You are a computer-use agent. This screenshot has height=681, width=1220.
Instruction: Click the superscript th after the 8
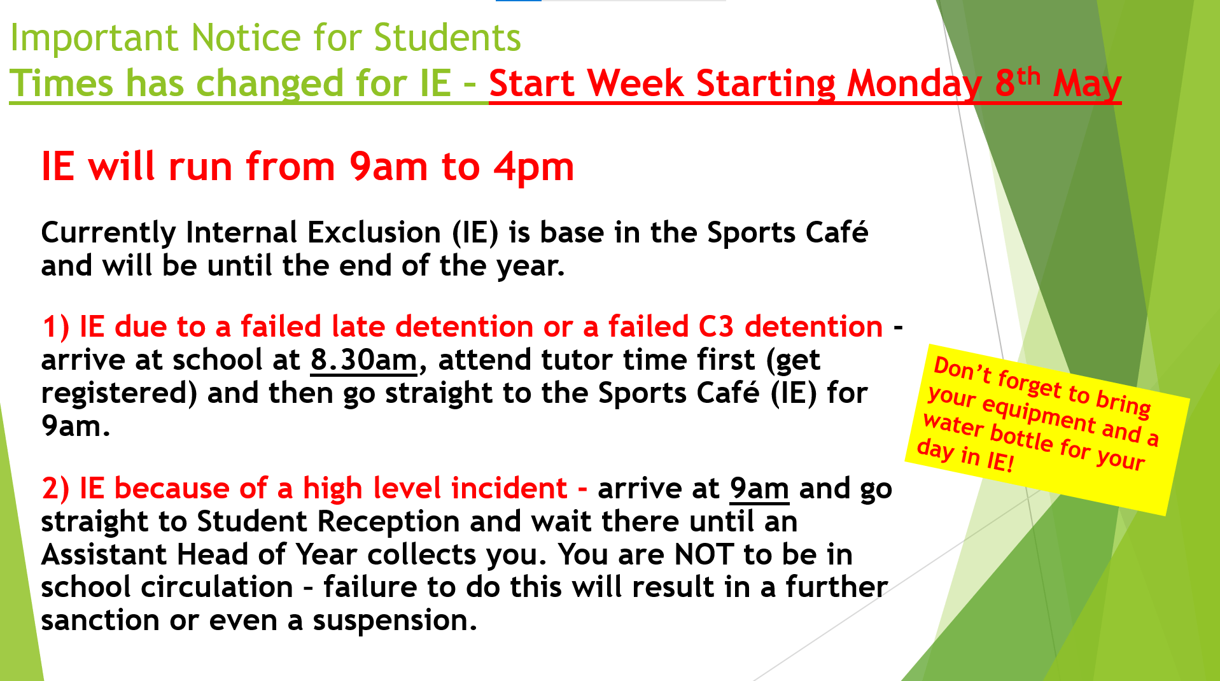(x=1028, y=75)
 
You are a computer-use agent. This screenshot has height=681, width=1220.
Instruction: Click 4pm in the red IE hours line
(x=533, y=168)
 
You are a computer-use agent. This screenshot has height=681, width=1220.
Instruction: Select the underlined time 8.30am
(x=363, y=360)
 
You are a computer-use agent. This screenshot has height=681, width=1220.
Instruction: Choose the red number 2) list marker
(x=55, y=489)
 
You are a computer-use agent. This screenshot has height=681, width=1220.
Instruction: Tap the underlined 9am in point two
(x=759, y=489)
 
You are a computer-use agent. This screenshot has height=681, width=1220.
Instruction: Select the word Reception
(x=388, y=523)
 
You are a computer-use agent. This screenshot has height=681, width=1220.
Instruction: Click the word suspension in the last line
(x=395, y=621)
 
